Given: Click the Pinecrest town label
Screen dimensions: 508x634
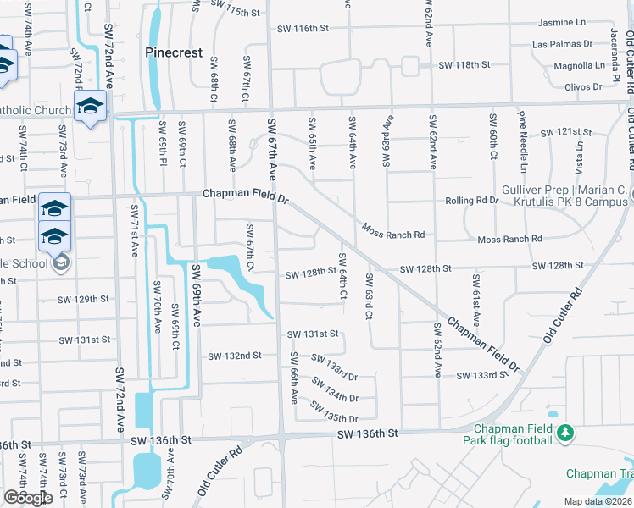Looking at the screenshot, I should click(174, 52).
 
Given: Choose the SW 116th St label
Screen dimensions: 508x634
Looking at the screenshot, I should click(303, 29).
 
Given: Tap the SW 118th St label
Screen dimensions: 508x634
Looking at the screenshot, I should click(464, 65).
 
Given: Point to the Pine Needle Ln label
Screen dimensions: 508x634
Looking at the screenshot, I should click(522, 139).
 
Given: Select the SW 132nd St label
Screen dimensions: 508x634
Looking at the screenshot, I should click(235, 356).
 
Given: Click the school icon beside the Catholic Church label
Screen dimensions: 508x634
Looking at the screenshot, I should click(88, 108).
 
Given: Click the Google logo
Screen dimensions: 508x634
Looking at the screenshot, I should click(28, 498).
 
